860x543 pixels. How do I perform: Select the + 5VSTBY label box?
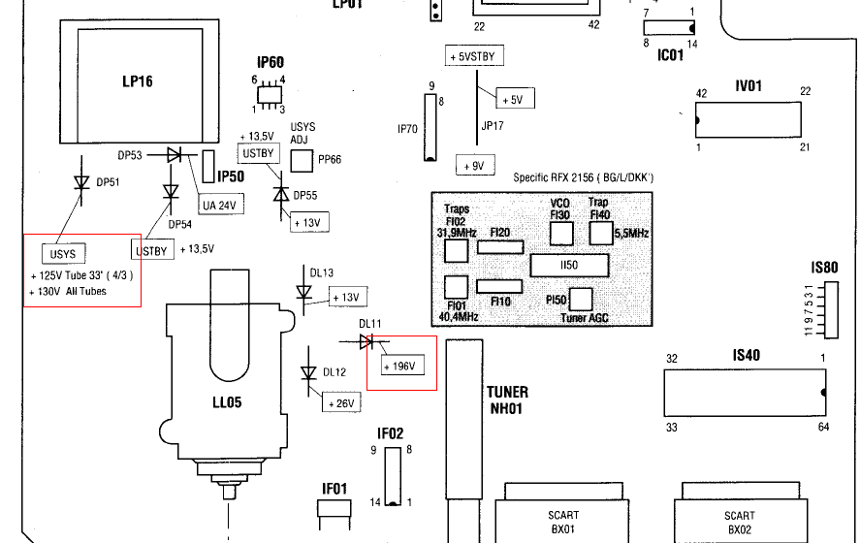pyautogui.click(x=472, y=56)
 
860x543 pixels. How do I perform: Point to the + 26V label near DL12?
pyautogui.click(x=342, y=402)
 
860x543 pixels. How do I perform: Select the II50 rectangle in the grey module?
pyautogui.click(x=569, y=264)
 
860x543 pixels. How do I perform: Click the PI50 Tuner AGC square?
pyautogui.click(x=581, y=299)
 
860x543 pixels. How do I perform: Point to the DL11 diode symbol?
pyautogui.click(x=366, y=341)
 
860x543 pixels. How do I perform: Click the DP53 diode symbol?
pyautogui.click(x=174, y=154)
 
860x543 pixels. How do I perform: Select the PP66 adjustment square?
pyautogui.click(x=303, y=159)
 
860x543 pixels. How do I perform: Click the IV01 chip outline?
pyautogui.click(x=749, y=118)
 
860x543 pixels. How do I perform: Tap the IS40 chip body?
pyautogui.click(x=744, y=392)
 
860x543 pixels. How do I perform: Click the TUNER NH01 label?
pyautogui.click(x=507, y=399)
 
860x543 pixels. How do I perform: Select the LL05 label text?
pyautogui.click(x=226, y=401)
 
